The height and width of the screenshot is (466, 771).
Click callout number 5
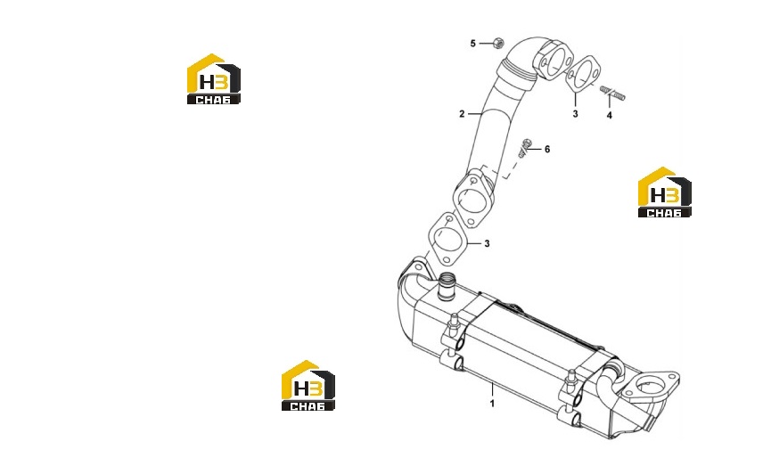pyautogui.click(x=473, y=44)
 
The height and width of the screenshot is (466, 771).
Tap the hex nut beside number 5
pyautogui.click(x=497, y=43)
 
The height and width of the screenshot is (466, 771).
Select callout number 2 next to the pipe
pyautogui.click(x=462, y=114)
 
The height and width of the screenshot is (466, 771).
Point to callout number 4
pyautogui.click(x=610, y=116)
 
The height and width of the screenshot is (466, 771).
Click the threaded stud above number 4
pyautogui.click(x=612, y=93)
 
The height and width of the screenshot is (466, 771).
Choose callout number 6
pyautogui.click(x=547, y=149)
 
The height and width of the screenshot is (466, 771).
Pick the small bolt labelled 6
pyautogui.click(x=525, y=148)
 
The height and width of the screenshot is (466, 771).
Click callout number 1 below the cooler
pyautogui.click(x=492, y=404)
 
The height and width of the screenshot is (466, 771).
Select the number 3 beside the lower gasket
pyautogui.click(x=487, y=243)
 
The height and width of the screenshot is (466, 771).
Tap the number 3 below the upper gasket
pyautogui.click(x=575, y=114)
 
